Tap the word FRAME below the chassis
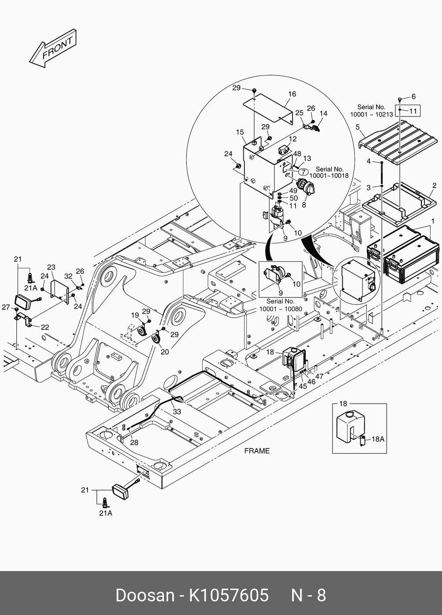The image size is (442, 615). tap(257, 451)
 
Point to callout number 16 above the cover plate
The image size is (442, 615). tap(292, 94)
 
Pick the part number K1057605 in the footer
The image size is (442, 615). tap(228, 595)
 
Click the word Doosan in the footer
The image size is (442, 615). tap(145, 595)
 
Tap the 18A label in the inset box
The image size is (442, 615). tap(378, 438)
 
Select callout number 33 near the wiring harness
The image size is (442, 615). tap(177, 412)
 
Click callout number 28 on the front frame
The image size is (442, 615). tap(134, 442)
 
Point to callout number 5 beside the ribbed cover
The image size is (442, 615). tap(358, 128)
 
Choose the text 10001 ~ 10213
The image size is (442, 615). tap(371, 114)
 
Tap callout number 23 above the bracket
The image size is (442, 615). tap(51, 267)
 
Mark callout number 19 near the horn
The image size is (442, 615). tap(135, 315)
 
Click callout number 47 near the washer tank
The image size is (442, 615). tap(319, 376)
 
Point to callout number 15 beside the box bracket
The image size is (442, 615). tap(240, 132)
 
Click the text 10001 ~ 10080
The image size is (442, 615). tap(281, 309)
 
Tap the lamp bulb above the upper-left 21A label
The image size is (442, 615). tap(30, 278)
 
